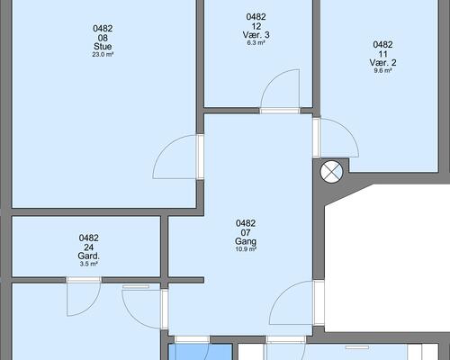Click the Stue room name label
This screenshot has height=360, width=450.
tap(103, 47)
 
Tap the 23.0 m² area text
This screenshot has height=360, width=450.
tap(103, 55)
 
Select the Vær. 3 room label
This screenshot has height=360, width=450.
tap(256, 35)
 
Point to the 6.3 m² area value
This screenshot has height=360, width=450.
tap(256, 42)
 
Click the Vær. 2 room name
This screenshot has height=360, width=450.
tap(382, 63)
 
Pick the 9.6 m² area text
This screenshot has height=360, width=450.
tap(382, 71)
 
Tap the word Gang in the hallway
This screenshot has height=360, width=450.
tap(246, 241)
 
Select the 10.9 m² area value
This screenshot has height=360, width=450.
tap(246, 249)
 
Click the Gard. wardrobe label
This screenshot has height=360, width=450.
tap(88, 256)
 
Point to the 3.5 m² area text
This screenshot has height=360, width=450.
tap(88, 264)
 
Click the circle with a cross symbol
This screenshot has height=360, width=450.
tap(331, 173)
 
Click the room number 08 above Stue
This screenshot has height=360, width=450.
tap(103, 38)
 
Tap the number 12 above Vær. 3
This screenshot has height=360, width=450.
tap(256, 26)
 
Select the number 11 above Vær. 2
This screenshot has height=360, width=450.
tap(382, 54)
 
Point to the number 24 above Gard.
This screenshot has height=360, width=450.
tap(88, 247)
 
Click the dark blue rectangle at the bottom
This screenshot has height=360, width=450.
tap(201, 352)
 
